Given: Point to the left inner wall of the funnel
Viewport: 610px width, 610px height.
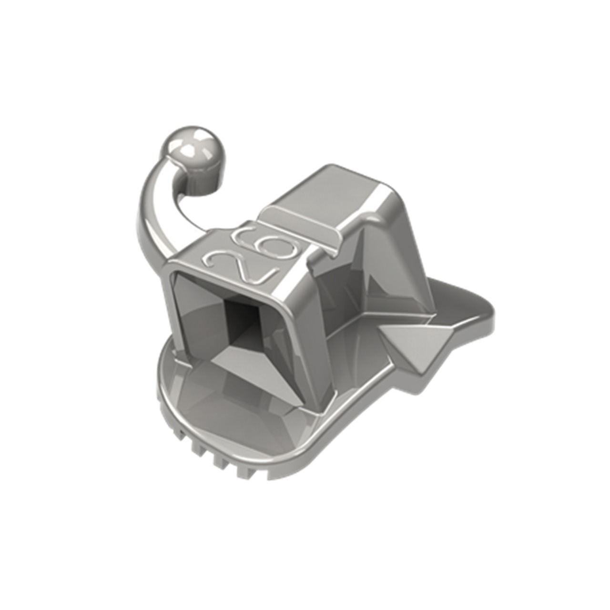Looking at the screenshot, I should pos(195,315).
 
